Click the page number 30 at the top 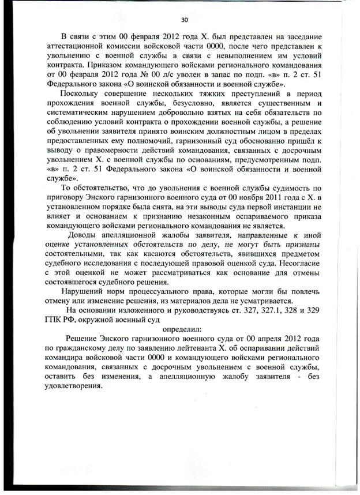[184, 19]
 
